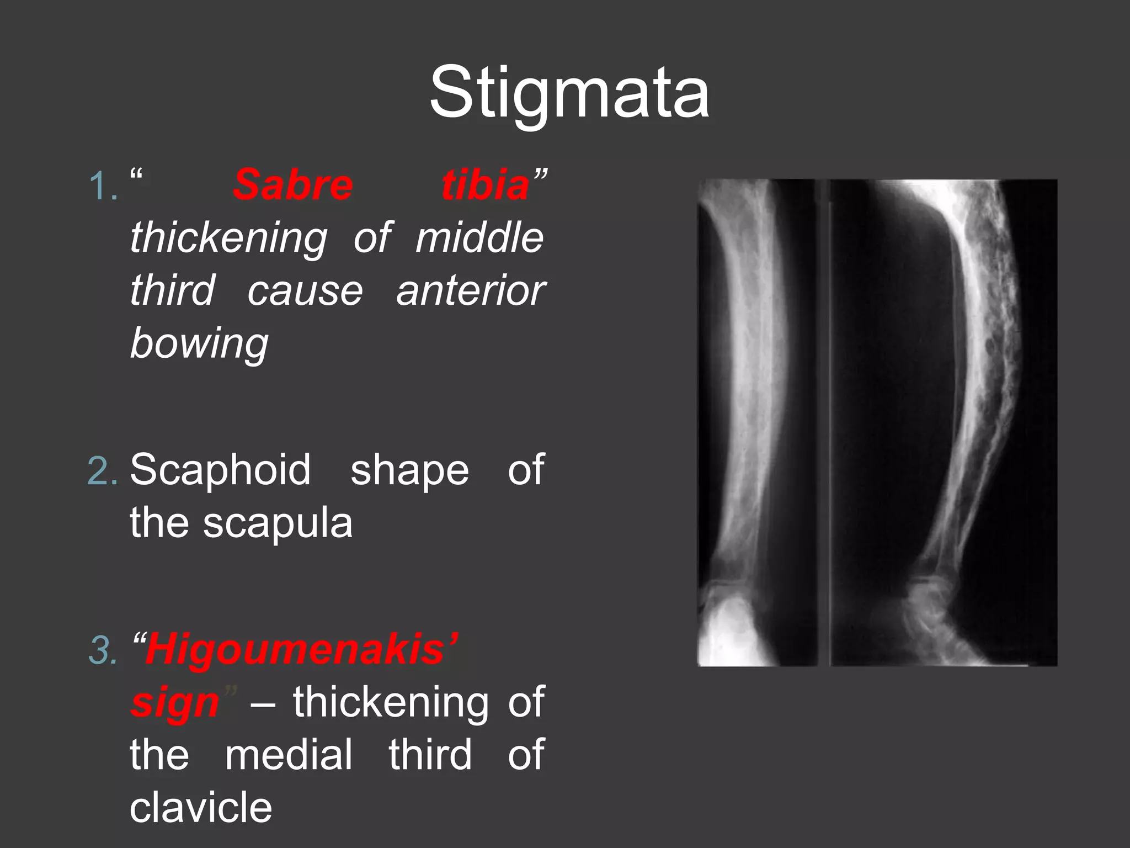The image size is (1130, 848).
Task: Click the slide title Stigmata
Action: pyautogui.click(x=569, y=93)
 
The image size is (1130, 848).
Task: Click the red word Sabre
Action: pyautogui.click(x=292, y=185)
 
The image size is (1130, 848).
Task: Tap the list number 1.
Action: pyautogui.click(x=103, y=186)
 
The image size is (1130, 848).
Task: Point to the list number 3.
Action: pyautogui.click(x=103, y=650)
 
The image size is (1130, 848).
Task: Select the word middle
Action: pyautogui.click(x=479, y=237)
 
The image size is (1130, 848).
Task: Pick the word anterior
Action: pyautogui.click(x=471, y=291)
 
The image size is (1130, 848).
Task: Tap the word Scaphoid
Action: pyautogui.click(x=220, y=470)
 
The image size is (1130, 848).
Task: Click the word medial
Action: pyautogui.click(x=289, y=755)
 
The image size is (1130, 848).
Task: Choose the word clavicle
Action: pyautogui.click(x=201, y=808)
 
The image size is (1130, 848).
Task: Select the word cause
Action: pyautogui.click(x=305, y=291)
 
